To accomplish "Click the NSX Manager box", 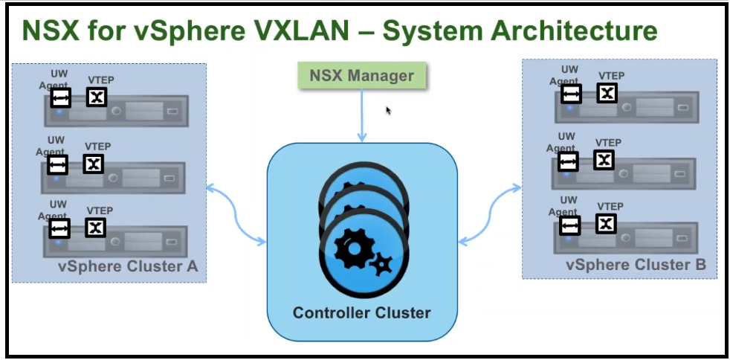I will point(361,76).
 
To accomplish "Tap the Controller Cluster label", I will point(361,312).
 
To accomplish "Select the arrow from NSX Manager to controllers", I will point(361,115).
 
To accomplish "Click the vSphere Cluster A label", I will point(127,266).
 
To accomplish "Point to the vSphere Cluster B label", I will point(636,265).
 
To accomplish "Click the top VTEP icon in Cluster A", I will point(97,97).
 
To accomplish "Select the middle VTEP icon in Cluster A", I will point(93,164).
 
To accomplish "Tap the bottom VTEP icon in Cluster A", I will point(95,228).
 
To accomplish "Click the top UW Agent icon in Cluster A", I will point(60,97).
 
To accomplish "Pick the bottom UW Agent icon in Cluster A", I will point(59,228).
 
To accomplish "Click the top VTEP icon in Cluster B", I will point(607,93).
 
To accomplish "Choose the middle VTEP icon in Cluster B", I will point(604,159).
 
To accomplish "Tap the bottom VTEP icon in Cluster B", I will point(606,223).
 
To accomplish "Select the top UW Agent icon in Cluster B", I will point(571,94).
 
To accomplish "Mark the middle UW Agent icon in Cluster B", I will point(568,161).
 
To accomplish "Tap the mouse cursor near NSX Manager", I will point(388,110).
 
